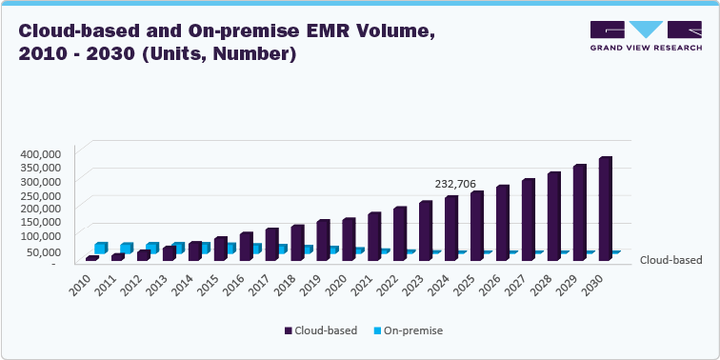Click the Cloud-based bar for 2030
tap(604, 209)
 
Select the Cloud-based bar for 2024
tap(450, 229)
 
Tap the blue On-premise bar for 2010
tap(101, 248)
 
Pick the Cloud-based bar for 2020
tap(348, 239)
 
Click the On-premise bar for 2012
tap(152, 248)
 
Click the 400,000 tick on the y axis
tap(41, 153)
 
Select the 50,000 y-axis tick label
tap(44, 251)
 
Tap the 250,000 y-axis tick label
tap(41, 194)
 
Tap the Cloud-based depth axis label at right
tap(670, 260)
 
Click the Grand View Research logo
tap(645, 37)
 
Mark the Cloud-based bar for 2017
tap(271, 244)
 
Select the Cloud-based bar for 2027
tap(528, 219)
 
